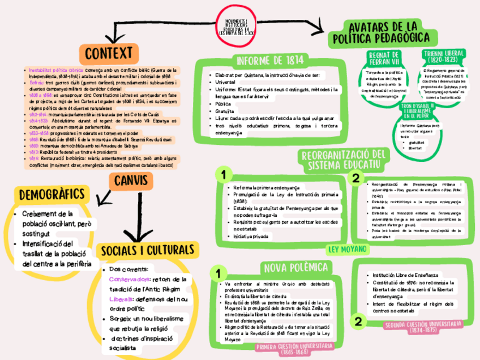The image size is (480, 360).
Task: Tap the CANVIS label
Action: coord(131,181)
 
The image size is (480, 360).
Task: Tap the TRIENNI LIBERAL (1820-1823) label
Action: coord(444,56)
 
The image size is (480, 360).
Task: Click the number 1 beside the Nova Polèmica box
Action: coord(217,273)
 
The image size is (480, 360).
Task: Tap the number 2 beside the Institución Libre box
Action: coord(358,322)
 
